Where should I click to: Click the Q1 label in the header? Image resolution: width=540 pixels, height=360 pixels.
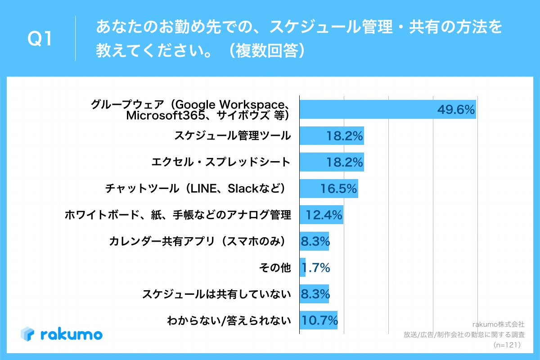tap(40, 40)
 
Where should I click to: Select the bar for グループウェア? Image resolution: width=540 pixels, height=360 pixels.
tap(387, 109)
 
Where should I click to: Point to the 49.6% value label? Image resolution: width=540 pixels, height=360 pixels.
tap(456, 110)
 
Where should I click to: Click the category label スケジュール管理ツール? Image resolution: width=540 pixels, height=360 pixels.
tap(232, 135)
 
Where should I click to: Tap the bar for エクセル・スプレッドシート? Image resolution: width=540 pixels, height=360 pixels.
tap(331, 162)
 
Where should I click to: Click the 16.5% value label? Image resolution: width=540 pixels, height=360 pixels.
tap(338, 189)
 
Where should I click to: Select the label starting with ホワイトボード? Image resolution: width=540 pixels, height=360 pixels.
tap(178, 215)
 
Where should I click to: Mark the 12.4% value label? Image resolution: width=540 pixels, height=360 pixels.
tap(324, 215)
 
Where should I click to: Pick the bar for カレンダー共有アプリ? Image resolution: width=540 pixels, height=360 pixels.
tap(314, 242)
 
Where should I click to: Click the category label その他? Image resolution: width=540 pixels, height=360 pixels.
tap(274, 268)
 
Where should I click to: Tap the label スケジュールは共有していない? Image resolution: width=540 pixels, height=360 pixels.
tap(216, 295)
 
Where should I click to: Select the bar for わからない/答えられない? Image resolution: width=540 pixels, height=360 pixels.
tap(318, 321)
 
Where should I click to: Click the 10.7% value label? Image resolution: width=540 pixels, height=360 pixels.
tap(319, 321)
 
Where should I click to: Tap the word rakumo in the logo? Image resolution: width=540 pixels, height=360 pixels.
tap(71, 334)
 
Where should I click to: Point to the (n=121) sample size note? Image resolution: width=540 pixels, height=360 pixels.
tap(507, 345)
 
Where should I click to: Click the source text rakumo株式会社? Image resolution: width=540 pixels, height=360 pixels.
tap(498, 324)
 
